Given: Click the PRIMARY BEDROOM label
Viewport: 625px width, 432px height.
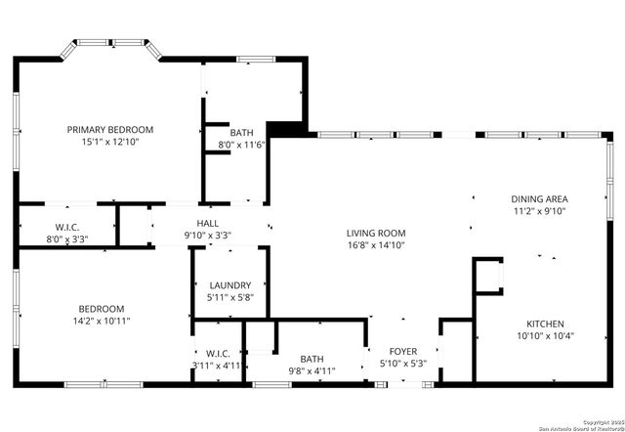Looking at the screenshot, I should click(x=110, y=129).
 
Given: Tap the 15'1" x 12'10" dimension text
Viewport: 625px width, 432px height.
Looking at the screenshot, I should click(x=110, y=142).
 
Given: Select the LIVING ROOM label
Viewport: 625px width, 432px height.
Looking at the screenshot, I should click(x=376, y=233).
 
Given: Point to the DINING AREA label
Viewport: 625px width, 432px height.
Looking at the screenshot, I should click(x=540, y=198).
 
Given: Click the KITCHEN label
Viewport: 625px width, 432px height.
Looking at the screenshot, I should click(x=546, y=324).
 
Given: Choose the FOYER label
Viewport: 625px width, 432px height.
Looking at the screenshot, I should click(x=403, y=352).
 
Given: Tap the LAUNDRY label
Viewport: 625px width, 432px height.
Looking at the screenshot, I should click(x=229, y=284).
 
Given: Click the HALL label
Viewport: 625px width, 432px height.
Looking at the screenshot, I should click(x=208, y=222).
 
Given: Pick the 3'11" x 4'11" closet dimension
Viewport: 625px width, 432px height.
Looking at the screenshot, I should click(x=216, y=366).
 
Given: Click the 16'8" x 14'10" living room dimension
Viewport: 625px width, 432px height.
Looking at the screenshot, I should click(x=376, y=245).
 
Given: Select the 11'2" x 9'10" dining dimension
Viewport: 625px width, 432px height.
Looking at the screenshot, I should click(x=540, y=211).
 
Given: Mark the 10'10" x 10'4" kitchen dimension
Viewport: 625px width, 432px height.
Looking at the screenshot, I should click(x=546, y=336).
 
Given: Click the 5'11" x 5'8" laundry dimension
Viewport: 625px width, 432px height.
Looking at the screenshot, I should click(x=229, y=297).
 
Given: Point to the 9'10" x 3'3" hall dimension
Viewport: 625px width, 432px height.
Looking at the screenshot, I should click(x=208, y=235).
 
